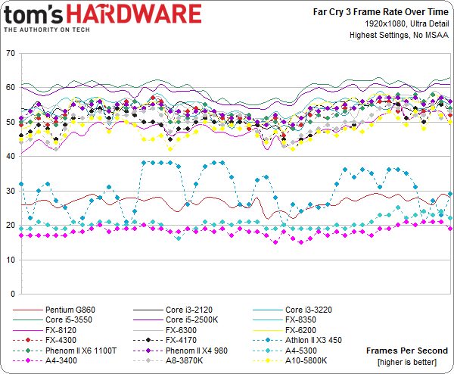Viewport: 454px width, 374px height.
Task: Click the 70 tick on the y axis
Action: click(10, 54)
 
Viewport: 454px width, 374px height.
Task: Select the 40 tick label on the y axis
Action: click(10, 157)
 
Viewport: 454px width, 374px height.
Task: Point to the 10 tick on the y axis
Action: click(10, 260)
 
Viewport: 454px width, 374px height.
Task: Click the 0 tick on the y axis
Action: click(12, 294)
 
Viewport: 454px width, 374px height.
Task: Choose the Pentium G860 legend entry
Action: click(69, 310)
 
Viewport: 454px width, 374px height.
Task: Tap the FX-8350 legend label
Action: click(303, 319)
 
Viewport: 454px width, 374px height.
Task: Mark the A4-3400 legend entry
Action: click(62, 361)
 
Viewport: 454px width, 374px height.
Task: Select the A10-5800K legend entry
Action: click(307, 361)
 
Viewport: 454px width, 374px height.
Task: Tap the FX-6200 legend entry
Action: click(303, 330)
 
